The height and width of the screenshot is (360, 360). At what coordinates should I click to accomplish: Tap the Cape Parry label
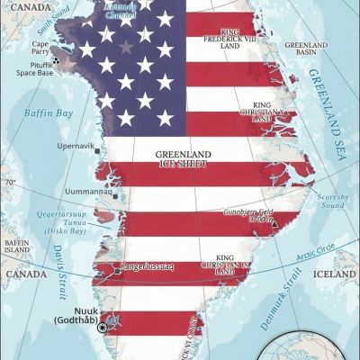pos(40,47)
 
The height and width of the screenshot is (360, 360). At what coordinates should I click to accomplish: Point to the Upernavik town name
pos(75,146)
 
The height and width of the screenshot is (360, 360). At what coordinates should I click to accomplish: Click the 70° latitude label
pos(11,182)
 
